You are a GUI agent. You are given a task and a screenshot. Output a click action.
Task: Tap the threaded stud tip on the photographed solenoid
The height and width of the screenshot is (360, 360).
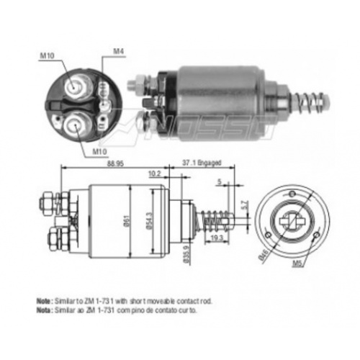(x=132, y=84)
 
